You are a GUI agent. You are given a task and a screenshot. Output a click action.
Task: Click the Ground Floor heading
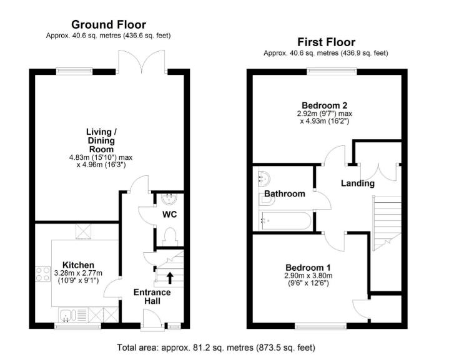click(x=109, y=24)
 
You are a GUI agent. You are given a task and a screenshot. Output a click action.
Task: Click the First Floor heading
click(x=326, y=42)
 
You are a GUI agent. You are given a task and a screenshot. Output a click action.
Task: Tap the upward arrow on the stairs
click(x=170, y=278)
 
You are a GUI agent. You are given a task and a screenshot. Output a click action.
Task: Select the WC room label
click(x=170, y=214)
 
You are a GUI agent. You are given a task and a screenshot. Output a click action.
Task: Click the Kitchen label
click(x=78, y=265)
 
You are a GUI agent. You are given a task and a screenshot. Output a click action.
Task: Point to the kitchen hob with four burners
click(x=42, y=274)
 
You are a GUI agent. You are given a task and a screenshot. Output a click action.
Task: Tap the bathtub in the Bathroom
click(x=286, y=221)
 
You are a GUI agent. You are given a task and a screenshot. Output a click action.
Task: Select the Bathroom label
click(x=284, y=193)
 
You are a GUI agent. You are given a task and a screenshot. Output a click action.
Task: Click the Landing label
click(x=358, y=183)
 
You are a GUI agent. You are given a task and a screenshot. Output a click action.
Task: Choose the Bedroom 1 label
click(x=308, y=268)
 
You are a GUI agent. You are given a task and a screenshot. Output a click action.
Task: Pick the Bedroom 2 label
click(x=325, y=105)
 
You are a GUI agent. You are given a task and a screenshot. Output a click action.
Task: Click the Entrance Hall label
click(x=152, y=296)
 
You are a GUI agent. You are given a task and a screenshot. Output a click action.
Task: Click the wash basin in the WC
click(x=169, y=199)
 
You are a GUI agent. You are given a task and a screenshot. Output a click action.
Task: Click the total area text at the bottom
click(x=216, y=348)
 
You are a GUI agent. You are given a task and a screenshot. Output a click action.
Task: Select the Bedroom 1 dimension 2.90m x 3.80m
click(x=308, y=276)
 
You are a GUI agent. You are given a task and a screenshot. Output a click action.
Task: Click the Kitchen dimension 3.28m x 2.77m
click(x=78, y=273)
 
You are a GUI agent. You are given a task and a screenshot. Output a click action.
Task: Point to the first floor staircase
click(x=387, y=223)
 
